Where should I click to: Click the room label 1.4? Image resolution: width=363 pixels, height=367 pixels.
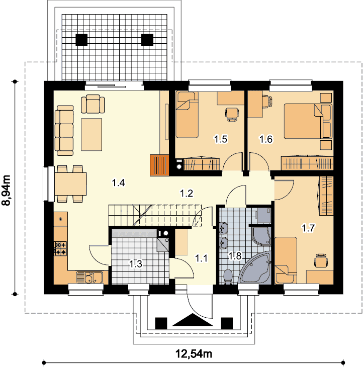[119, 182]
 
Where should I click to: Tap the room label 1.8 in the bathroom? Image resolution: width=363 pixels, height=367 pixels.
[235, 256]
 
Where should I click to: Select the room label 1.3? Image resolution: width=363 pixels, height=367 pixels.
[136, 264]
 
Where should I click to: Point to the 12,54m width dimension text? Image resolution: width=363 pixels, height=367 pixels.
[194, 353]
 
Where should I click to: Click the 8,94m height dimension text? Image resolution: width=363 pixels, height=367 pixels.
[6, 190]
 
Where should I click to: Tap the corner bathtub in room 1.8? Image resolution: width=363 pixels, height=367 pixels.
[255, 269]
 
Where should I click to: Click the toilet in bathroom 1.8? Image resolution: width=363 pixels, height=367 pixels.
[228, 277]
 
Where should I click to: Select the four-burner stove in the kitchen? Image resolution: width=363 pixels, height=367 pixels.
[60, 248]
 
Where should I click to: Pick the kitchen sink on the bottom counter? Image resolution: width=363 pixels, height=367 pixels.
[89, 278]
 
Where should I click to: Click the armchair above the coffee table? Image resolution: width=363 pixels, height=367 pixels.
[93, 104]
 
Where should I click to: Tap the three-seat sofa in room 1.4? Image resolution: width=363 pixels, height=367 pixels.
[64, 130]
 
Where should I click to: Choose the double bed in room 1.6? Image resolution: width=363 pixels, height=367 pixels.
[308, 122]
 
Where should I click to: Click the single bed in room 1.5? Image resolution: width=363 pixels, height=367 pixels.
[187, 115]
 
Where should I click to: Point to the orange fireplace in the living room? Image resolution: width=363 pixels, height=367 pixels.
[159, 165]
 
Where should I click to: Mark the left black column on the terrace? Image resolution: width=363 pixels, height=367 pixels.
[81, 40]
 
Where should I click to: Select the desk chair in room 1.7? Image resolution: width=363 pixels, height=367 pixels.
[321, 260]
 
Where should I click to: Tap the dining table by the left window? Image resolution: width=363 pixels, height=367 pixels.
[71, 184]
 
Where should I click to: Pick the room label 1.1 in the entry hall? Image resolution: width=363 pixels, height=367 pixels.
[201, 258]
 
